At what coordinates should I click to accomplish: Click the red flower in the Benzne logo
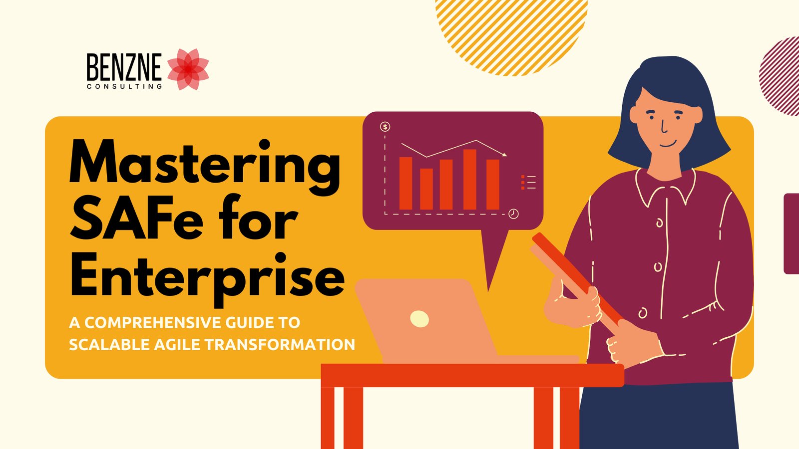click(x=188, y=69)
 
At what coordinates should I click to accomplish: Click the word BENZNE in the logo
click(x=124, y=68)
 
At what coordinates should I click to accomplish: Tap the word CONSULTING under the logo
click(x=124, y=86)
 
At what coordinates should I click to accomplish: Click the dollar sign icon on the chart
click(x=385, y=127)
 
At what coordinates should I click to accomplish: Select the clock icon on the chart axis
click(x=513, y=214)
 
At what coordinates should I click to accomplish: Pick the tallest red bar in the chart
click(x=469, y=179)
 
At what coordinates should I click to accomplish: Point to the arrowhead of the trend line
click(x=505, y=155)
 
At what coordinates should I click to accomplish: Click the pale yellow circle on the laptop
click(x=419, y=318)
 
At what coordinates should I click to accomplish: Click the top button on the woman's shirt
click(x=659, y=223)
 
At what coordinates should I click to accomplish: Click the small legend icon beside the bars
click(x=528, y=182)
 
